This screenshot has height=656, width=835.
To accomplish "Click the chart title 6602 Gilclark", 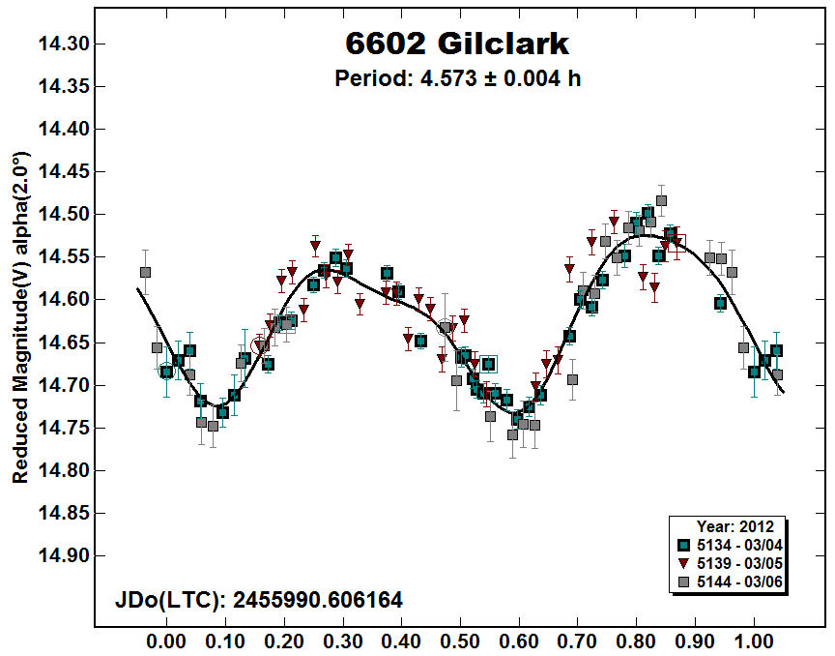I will pyautogui.click(x=457, y=44).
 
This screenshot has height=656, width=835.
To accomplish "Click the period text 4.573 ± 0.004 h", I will pyautogui.click(x=457, y=78).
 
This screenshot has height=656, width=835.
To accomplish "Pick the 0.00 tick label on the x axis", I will pyautogui.click(x=166, y=641).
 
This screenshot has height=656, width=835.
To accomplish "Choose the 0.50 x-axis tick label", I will pyautogui.click(x=461, y=641).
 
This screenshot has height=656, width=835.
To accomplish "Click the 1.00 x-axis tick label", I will pyautogui.click(x=754, y=641).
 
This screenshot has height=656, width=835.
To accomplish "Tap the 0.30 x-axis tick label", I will pyautogui.click(x=343, y=641).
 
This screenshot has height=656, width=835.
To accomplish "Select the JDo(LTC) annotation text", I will pyautogui.click(x=259, y=601).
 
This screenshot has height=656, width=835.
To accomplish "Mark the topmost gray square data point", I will pyautogui.click(x=662, y=201).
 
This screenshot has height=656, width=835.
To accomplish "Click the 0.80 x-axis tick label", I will pyautogui.click(x=637, y=641).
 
